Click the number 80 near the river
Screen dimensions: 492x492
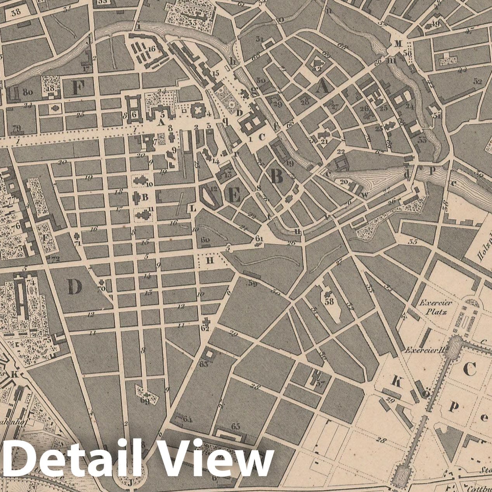(27, 92)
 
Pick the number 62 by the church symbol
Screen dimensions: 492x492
(205, 328)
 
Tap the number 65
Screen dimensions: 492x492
(235, 426)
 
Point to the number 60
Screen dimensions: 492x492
(205, 240)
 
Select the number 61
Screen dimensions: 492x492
(259, 238)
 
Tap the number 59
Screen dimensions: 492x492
(253, 284)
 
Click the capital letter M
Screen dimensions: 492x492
(397, 43)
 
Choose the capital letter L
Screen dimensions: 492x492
(193, 208)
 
